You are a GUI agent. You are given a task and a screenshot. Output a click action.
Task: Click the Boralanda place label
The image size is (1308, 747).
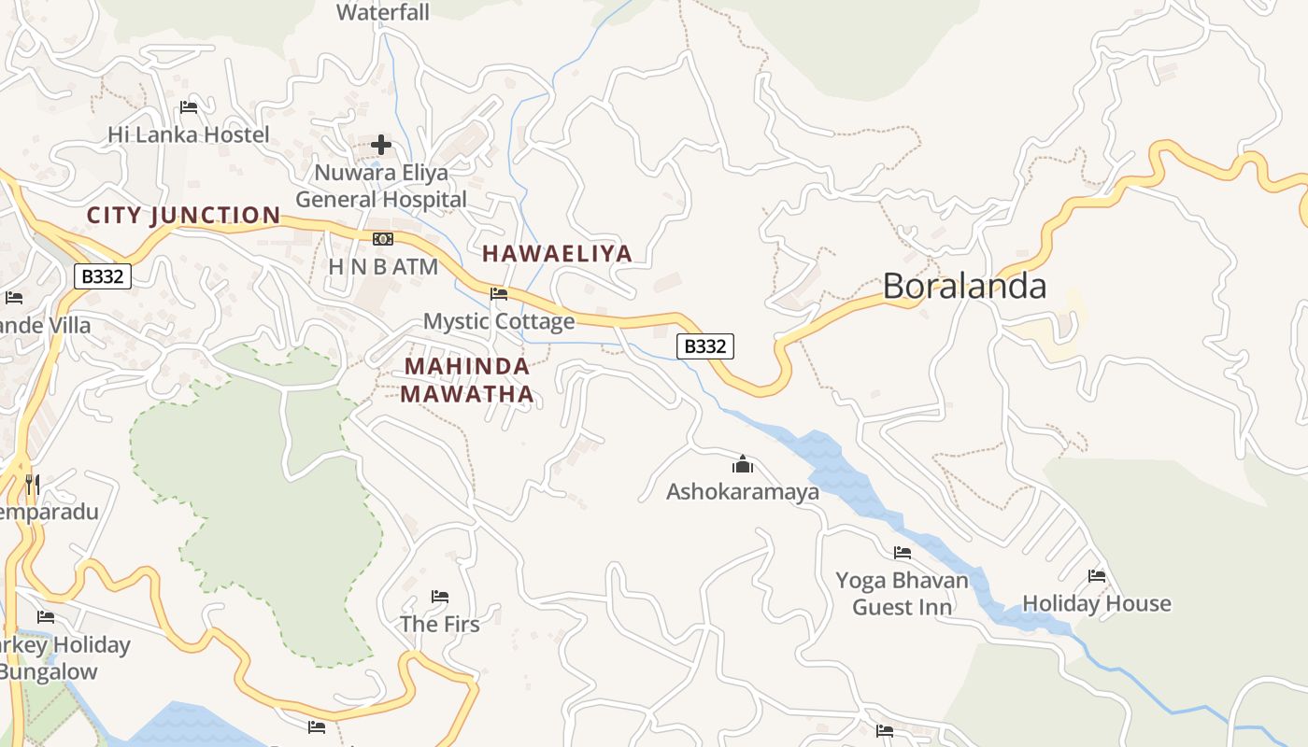[x=964, y=286]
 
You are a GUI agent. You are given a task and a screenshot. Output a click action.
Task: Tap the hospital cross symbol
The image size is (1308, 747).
[x=381, y=145]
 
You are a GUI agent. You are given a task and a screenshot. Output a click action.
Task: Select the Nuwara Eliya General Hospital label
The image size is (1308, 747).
[x=381, y=186]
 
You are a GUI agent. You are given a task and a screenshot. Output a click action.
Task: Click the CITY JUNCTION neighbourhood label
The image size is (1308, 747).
[x=183, y=216]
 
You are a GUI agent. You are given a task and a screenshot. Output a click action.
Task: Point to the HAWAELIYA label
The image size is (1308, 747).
[x=557, y=253]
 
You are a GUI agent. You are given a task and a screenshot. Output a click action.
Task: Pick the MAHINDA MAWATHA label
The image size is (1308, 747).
[x=467, y=380]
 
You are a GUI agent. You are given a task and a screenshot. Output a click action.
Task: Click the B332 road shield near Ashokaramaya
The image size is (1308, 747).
[x=705, y=346]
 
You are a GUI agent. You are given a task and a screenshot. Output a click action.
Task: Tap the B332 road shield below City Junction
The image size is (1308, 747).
[x=103, y=276]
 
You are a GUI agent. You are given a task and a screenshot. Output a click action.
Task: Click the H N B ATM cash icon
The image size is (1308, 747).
[x=382, y=239]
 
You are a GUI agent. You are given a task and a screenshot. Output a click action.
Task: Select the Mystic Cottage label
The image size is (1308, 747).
[x=499, y=321]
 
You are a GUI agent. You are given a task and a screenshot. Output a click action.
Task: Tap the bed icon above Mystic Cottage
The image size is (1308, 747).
[x=499, y=293]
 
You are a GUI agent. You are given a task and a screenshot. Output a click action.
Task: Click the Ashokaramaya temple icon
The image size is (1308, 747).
[x=743, y=464]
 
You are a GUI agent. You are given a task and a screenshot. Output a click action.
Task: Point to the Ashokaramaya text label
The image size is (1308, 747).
[x=743, y=491]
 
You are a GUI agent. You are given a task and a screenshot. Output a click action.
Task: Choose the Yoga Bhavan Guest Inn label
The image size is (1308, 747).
[x=902, y=594]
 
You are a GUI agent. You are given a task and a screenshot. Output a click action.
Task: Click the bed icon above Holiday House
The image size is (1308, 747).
[x=1097, y=576]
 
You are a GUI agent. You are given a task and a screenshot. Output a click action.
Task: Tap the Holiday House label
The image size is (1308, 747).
[x=1097, y=603]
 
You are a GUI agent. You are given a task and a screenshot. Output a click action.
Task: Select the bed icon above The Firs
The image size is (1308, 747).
[x=440, y=596]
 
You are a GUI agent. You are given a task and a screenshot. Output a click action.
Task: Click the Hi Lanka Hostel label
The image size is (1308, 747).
[x=189, y=134]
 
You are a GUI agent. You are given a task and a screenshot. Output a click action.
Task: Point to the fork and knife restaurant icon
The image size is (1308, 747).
[x=33, y=484]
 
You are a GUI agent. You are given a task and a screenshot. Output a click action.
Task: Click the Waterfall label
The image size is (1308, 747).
[x=383, y=12]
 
